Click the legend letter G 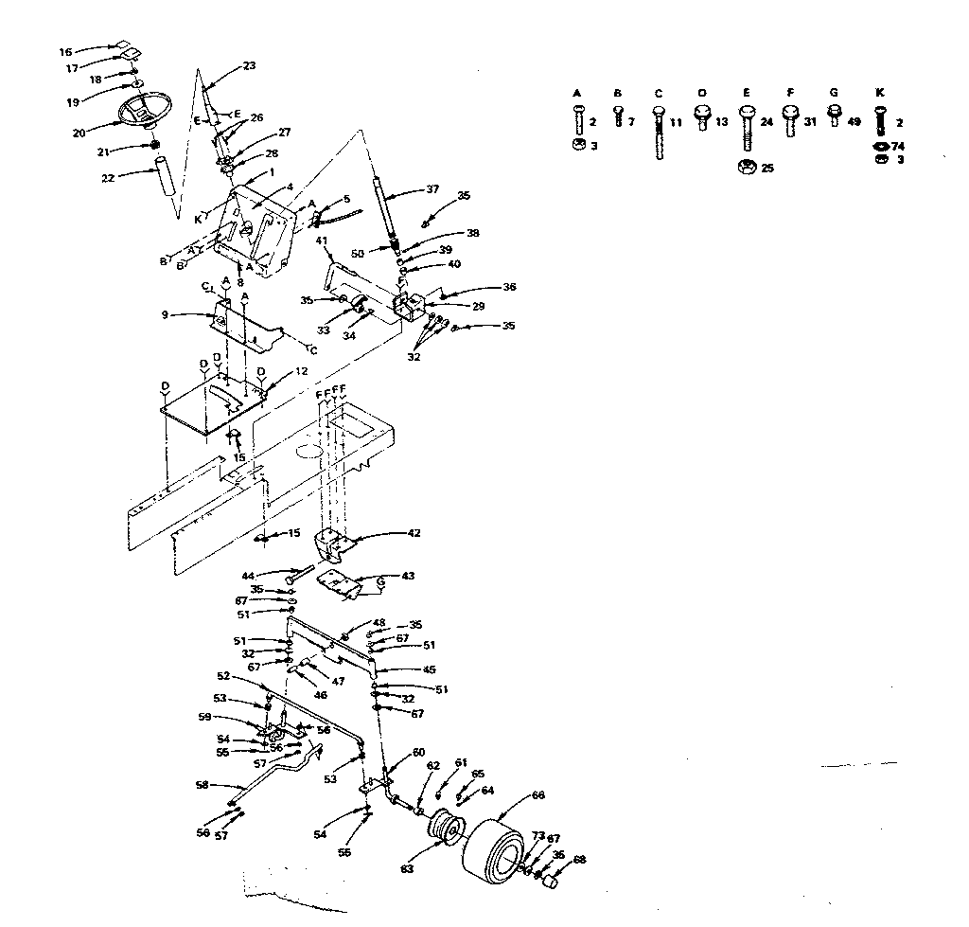(833, 94)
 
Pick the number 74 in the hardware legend (898, 147)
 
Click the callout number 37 (432, 189)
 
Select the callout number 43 (408, 576)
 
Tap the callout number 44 (248, 576)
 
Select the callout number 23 (249, 66)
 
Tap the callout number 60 (418, 753)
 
